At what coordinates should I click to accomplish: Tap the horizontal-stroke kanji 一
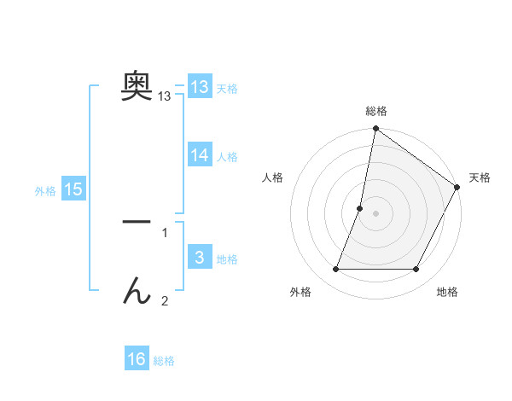137,222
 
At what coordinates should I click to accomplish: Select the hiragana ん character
137,292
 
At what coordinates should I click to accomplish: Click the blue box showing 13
200,87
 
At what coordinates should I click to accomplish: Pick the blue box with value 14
200,155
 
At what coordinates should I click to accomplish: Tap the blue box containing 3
200,258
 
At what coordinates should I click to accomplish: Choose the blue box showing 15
73,189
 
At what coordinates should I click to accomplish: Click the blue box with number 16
137,359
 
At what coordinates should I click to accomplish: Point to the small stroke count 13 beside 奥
165,97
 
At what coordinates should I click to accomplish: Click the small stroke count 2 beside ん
165,300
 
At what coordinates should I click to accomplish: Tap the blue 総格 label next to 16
164,361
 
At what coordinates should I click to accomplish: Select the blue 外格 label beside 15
45,191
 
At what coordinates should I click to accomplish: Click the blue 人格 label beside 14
227,157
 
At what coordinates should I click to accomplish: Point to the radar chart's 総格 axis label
375,111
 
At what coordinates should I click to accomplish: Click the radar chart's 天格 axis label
480,177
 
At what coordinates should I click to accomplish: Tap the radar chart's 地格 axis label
447,292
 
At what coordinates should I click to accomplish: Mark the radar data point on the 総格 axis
375,130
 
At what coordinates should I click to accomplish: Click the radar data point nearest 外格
336,270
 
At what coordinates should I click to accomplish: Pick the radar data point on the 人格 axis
360,208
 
